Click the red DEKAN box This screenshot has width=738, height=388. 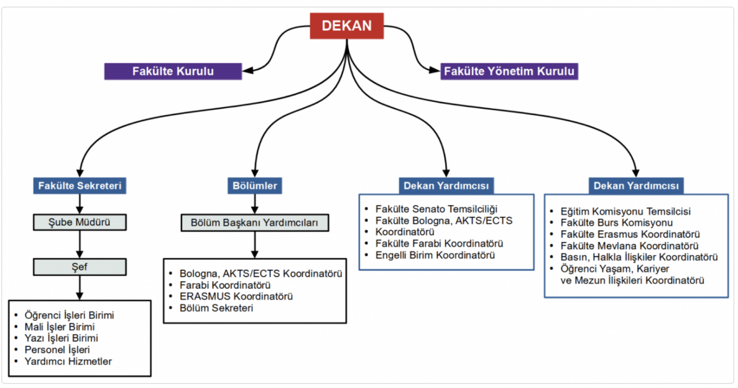[347, 25]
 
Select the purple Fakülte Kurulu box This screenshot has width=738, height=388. [173, 72]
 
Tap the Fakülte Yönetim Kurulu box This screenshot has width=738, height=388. [510, 72]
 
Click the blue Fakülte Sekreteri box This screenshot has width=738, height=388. [80, 186]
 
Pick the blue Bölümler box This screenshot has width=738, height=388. [254, 186]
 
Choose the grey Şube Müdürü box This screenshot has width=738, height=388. [80, 223]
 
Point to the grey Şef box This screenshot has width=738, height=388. [80, 267]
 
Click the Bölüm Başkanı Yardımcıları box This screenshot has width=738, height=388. [255, 223]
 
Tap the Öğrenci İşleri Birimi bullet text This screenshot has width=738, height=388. [69, 315]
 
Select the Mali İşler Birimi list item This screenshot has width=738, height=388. [60, 326]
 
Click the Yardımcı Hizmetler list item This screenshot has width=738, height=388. [68, 361]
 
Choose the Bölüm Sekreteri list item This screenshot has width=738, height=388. [216, 308]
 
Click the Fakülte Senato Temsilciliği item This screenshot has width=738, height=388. [436, 209]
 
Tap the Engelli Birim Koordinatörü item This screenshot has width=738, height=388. [435, 255]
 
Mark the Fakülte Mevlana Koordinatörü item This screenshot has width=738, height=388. [629, 246]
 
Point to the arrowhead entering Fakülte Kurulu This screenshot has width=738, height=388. [247, 70]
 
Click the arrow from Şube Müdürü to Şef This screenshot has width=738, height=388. [80, 244]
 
